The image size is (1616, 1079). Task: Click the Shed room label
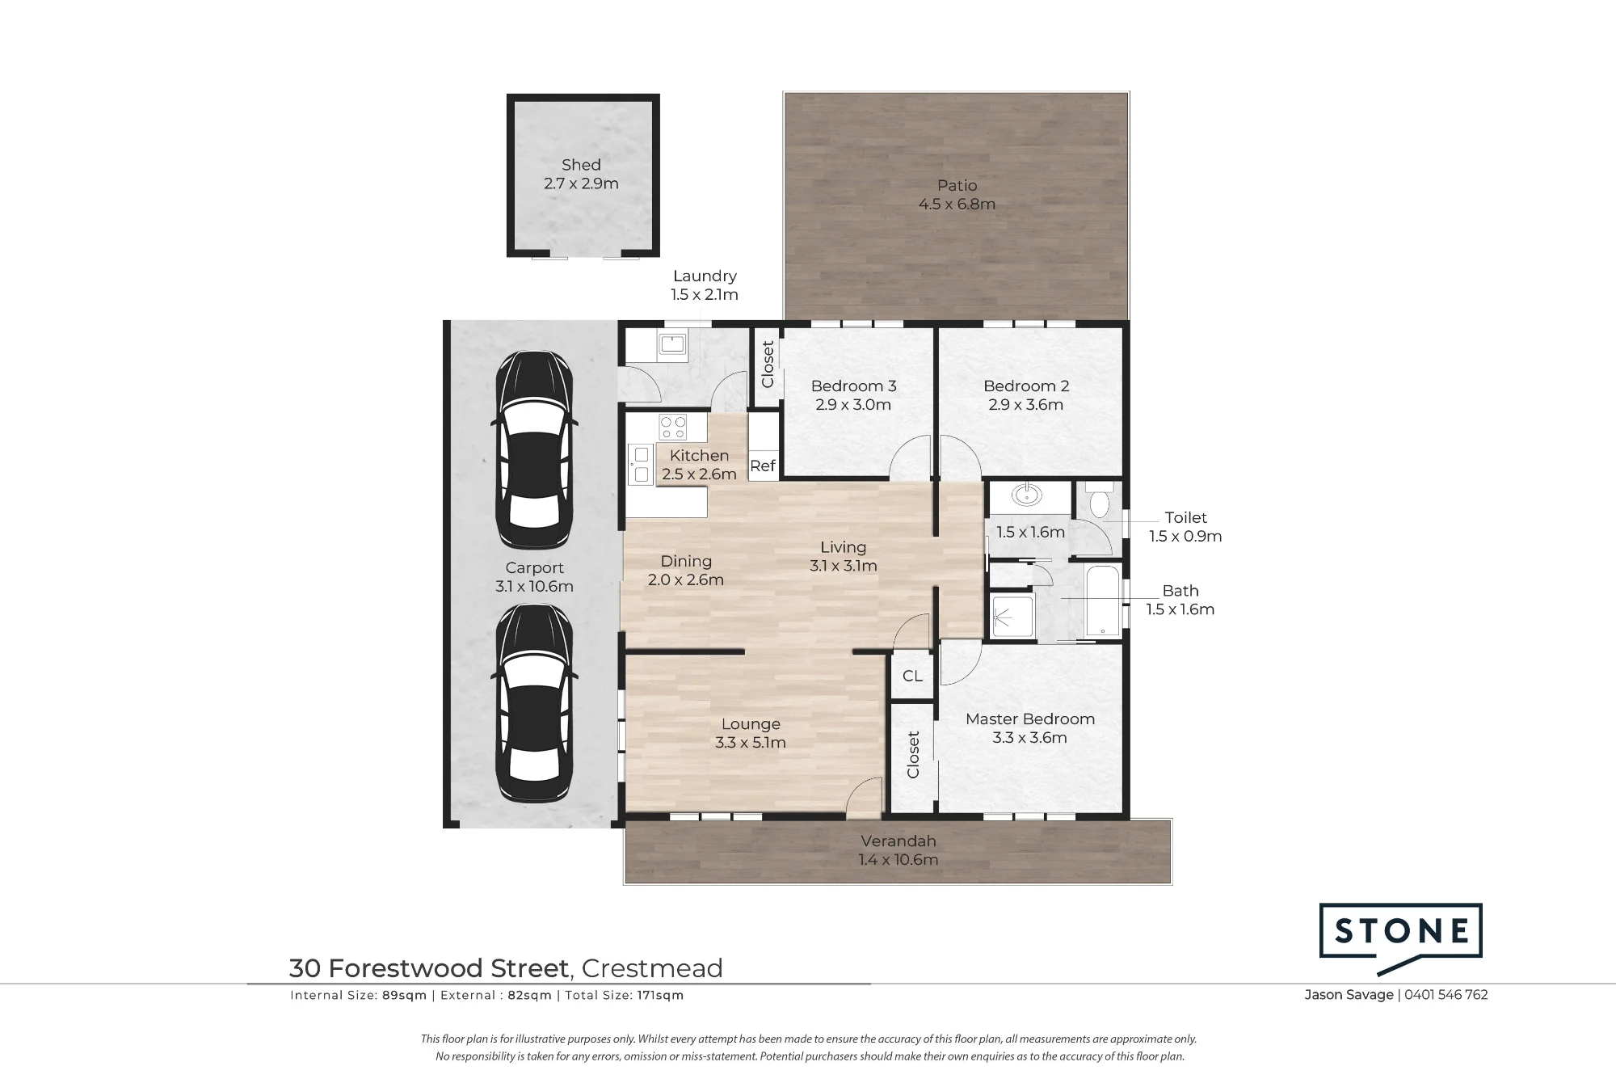tap(581, 165)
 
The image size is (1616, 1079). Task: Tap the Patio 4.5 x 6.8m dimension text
tap(957, 204)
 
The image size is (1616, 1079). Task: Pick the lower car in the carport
tap(534, 702)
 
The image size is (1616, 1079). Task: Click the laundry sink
tap(672, 344)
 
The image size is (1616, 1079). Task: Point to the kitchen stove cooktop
tap(672, 427)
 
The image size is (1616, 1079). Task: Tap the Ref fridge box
tap(763, 466)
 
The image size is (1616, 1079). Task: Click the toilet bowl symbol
tap(1100, 501)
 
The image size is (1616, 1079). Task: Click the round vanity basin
tap(1026, 495)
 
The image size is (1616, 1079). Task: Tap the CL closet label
tap(912, 676)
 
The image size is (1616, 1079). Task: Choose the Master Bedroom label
tap(1030, 719)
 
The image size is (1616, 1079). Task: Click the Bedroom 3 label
tap(853, 386)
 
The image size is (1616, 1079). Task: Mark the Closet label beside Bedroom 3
tap(768, 364)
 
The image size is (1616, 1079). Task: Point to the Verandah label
tap(898, 841)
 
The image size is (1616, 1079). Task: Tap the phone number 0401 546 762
tap(1446, 995)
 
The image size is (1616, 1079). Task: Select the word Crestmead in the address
tap(652, 968)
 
